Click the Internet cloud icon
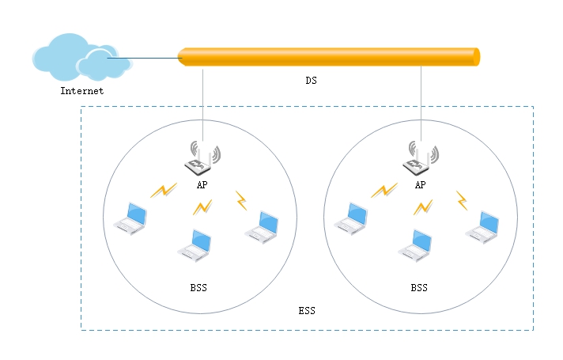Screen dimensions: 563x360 point(82,57)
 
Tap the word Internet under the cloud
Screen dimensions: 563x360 point(82,91)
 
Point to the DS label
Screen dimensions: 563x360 point(312,81)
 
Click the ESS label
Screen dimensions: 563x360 point(307,310)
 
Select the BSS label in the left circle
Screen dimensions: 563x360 point(198,287)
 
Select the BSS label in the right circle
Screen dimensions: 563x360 point(419,287)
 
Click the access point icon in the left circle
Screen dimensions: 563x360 point(202,158)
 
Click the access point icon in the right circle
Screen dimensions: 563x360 point(421,158)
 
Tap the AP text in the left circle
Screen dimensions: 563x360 point(202,184)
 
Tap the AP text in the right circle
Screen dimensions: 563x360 point(421,184)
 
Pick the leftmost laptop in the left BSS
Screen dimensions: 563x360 point(130,219)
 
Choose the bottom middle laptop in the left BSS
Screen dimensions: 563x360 point(195,246)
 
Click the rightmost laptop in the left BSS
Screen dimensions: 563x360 point(262,227)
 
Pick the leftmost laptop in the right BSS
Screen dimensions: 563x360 point(351,219)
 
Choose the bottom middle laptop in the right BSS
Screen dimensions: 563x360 point(414,246)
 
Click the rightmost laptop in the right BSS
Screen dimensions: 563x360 point(482,227)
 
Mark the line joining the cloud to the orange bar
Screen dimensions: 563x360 point(145,58)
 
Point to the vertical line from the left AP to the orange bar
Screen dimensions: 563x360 point(203,105)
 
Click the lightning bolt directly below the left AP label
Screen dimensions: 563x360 point(202,207)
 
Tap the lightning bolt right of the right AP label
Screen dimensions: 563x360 point(462,200)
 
